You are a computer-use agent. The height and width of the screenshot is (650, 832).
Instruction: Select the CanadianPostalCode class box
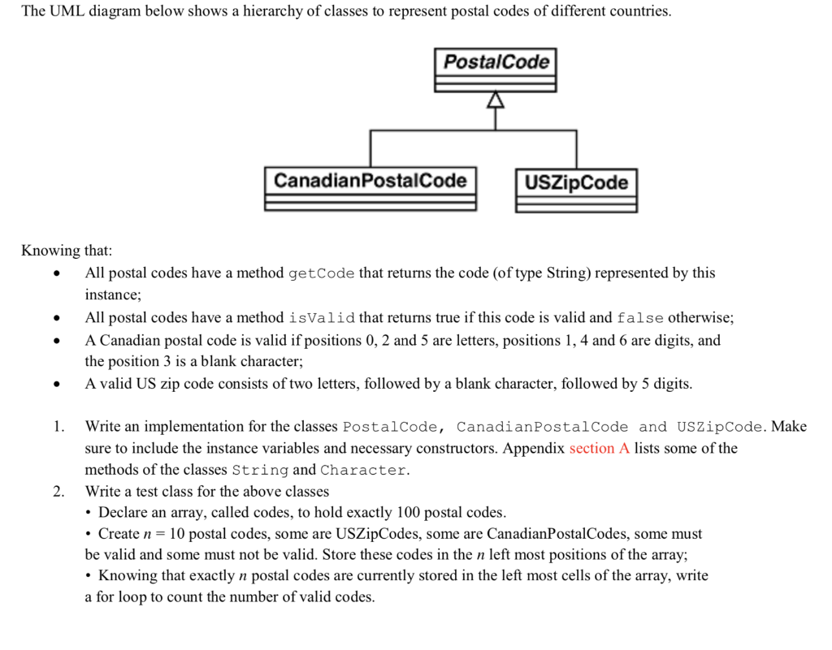tap(370, 188)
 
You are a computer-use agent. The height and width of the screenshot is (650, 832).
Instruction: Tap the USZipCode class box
tap(576, 190)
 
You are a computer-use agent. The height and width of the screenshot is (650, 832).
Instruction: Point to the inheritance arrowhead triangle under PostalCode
tap(496, 101)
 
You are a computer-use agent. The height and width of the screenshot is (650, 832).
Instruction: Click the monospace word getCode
tap(321, 273)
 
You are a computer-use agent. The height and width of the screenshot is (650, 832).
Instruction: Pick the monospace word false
tap(640, 318)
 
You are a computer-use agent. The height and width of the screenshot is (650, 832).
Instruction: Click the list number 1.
tap(58, 427)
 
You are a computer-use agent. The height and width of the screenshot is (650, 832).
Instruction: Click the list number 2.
tap(58, 492)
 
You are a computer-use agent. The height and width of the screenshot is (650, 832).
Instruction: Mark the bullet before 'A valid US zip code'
tap(55, 385)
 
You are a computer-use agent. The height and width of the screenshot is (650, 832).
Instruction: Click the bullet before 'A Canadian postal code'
tap(55, 341)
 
